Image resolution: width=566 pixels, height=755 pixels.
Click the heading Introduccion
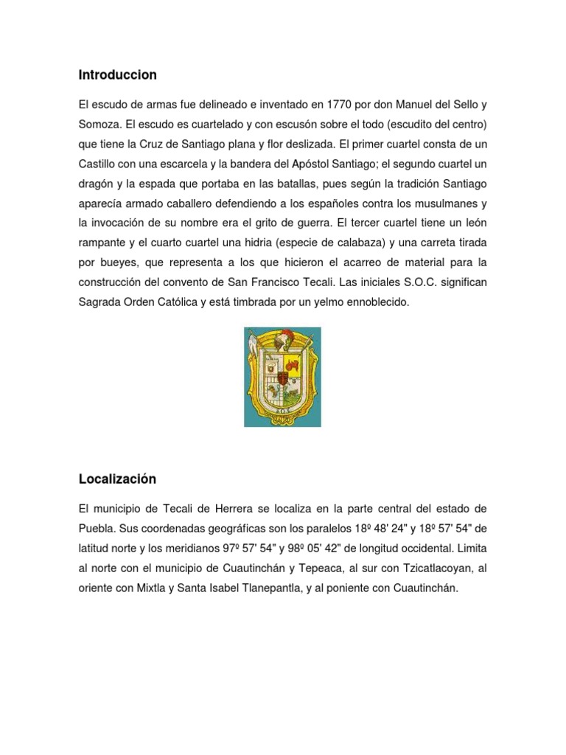[117, 74]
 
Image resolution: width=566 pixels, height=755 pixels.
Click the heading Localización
[117, 479]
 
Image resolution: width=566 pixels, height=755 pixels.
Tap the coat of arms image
[282, 377]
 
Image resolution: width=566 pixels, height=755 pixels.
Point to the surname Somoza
[100, 123]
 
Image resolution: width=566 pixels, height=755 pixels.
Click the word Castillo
[100, 163]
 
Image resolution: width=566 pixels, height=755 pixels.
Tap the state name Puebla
[96, 529]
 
